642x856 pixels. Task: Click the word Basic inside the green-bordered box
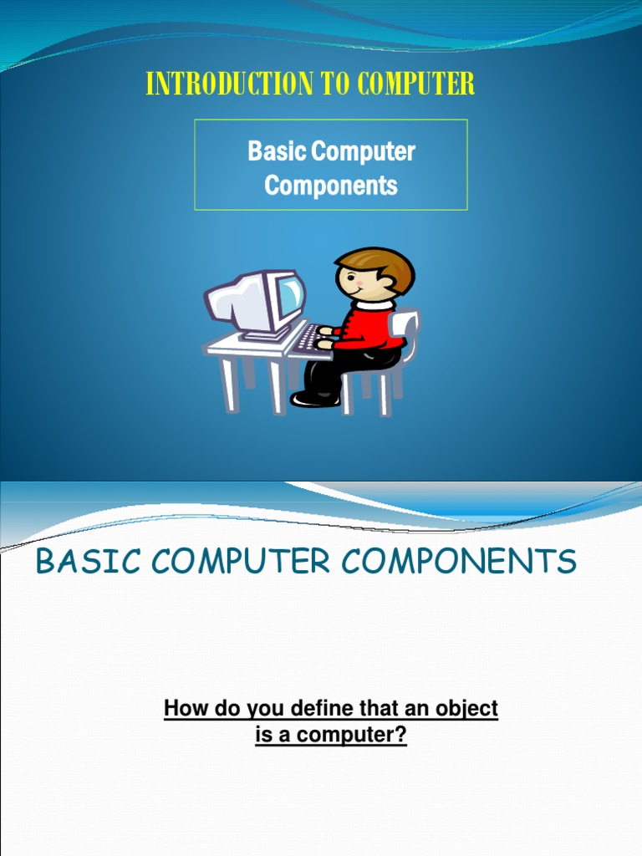point(276,151)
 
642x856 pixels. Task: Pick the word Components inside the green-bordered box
point(331,185)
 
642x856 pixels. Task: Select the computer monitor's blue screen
point(291,295)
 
